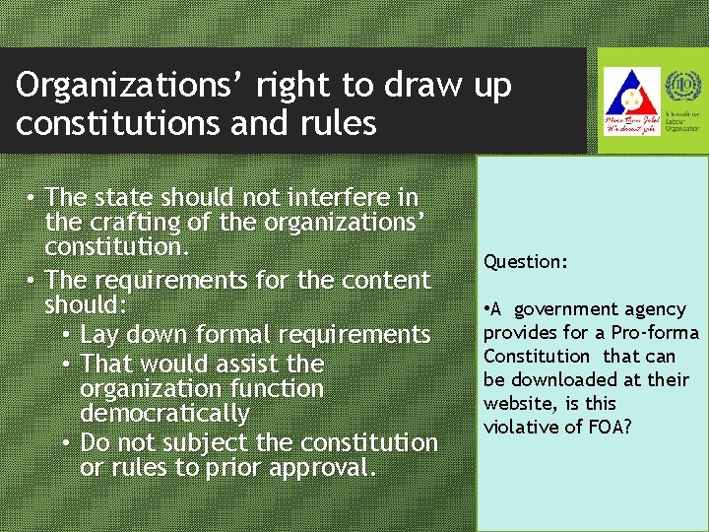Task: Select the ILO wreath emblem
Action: coord(679,88)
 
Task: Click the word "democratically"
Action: coord(164,413)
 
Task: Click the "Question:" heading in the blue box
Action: coord(525,262)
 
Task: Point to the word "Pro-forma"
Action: coord(659,332)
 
